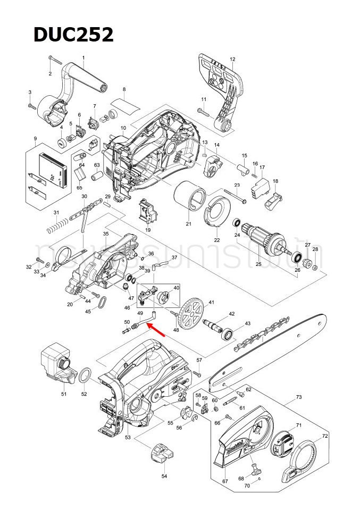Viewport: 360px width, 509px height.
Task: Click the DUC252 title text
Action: (x=73, y=35)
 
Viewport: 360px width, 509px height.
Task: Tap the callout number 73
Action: (x=299, y=397)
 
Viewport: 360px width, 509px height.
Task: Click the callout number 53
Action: (x=128, y=437)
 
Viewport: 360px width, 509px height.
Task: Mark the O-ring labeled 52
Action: (x=85, y=377)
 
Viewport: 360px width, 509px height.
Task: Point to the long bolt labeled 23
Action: (x=235, y=195)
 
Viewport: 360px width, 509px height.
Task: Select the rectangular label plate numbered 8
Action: (x=125, y=103)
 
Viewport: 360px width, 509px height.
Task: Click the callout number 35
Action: (x=105, y=233)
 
